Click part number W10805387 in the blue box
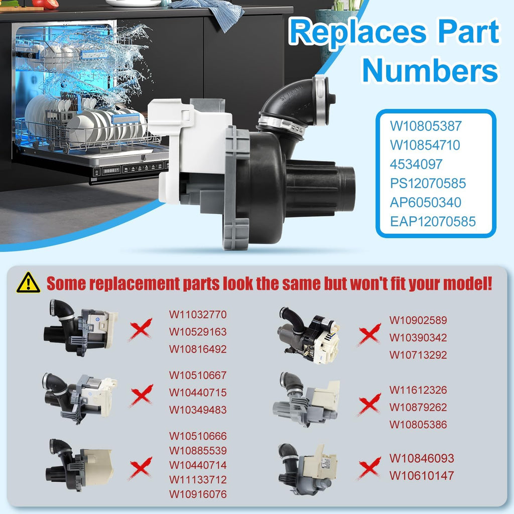click(x=426, y=126)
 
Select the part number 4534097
click(x=416, y=164)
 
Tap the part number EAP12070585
click(x=433, y=221)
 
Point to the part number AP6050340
click(x=426, y=202)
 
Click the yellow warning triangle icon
click(x=28, y=283)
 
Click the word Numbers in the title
click(x=430, y=70)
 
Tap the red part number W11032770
click(x=198, y=314)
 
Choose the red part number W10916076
click(x=198, y=494)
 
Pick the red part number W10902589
click(x=418, y=320)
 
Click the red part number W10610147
click(x=422, y=475)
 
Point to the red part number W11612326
click(x=418, y=390)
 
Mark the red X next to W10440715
click(x=141, y=395)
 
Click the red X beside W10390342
click(x=369, y=334)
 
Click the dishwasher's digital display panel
click(x=111, y=171)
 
